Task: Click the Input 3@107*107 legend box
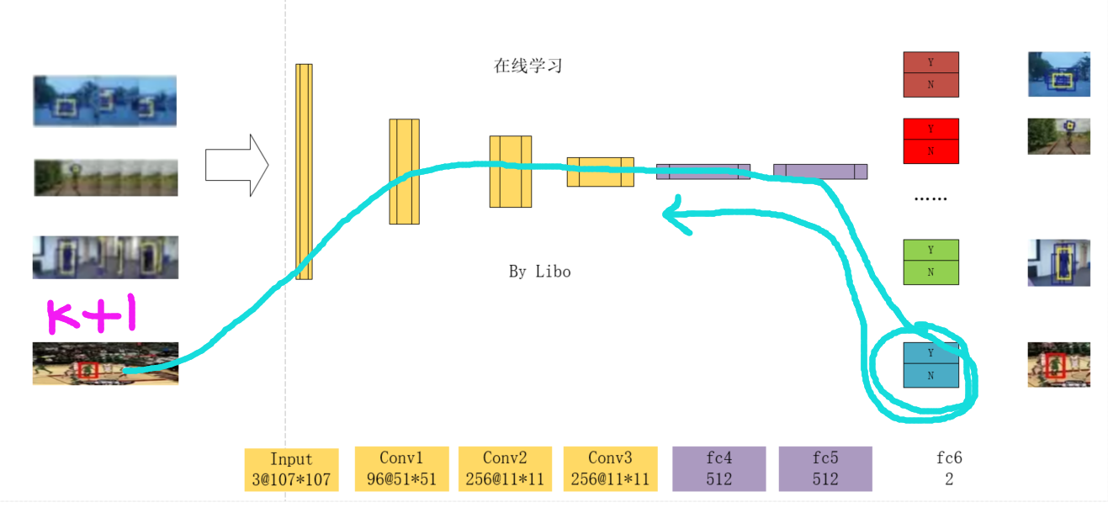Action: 291,470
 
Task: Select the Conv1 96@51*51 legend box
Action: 400,468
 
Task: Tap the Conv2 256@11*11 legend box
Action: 505,468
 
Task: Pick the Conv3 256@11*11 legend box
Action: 610,468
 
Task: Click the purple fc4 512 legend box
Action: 718,468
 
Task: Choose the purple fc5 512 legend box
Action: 825,468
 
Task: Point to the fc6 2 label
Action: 949,468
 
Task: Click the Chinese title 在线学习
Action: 527,66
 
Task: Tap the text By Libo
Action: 539,272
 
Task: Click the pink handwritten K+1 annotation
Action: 91,316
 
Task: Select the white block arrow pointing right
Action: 236,165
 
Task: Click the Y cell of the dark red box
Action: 930,63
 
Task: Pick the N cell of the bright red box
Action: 930,151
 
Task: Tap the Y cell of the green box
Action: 930,251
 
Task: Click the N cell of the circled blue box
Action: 930,376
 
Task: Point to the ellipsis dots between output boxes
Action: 930,199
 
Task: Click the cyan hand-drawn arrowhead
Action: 671,214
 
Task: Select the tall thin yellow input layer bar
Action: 304,172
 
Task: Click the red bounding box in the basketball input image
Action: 88,370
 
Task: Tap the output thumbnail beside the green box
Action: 1058,262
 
